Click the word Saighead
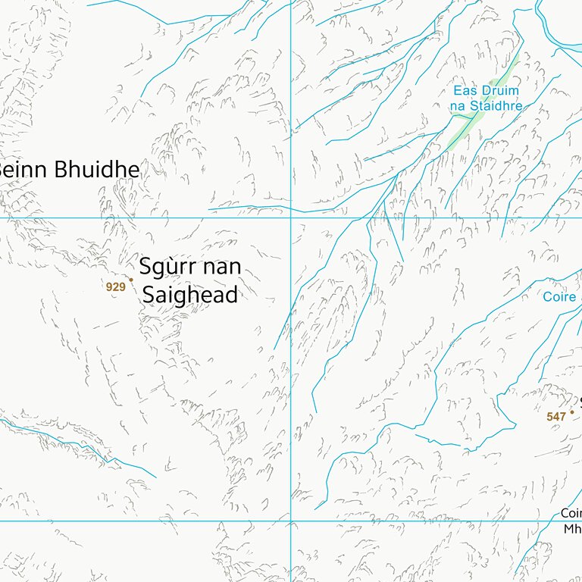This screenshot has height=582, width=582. (189, 295)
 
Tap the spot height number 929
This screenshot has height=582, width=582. (115, 286)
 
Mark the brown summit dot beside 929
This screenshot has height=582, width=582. (130, 280)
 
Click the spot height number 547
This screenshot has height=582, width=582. (555, 417)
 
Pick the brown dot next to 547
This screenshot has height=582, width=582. (572, 412)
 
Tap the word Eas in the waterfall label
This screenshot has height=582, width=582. (464, 91)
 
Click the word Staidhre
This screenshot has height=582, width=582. (496, 106)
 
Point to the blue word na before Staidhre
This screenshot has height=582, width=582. (458, 106)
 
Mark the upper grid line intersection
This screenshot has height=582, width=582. (291, 217)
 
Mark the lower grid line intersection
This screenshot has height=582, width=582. (291, 521)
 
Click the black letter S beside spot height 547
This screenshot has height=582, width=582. (580, 402)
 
